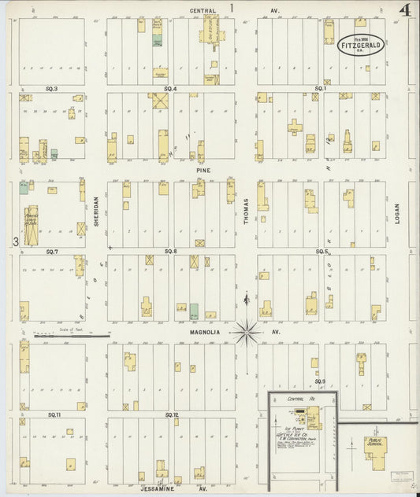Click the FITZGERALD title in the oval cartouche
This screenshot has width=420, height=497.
coord(361,46)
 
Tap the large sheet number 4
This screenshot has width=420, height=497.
coord(404,11)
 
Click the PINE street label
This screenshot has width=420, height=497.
coord(204,169)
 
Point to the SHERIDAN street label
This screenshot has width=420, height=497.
coord(96,212)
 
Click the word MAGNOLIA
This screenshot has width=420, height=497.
coord(204,333)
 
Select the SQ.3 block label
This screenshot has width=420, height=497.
coord(52,89)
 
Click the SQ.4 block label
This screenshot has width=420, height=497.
coord(170,89)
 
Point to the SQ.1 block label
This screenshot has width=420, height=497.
coord(321,89)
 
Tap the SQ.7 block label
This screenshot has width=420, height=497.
coord(52,251)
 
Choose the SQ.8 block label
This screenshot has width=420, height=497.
coord(170,251)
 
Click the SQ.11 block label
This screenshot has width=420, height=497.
coord(54,414)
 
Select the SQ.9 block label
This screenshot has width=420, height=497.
coord(320,381)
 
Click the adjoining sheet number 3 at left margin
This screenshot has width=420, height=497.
coord(15,241)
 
